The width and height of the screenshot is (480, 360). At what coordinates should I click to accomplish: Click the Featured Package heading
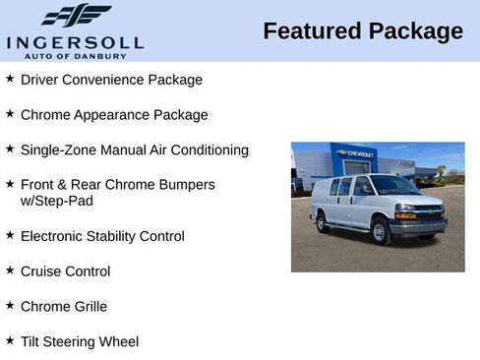tap(363, 31)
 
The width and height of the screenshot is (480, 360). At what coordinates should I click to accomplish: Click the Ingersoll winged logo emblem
tap(76, 15)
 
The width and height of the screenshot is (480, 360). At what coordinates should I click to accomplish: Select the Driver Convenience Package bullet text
tap(111, 80)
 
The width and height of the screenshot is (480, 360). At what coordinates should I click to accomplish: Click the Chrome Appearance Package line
tap(114, 115)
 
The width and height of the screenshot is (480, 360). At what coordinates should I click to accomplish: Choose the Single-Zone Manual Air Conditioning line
tap(135, 150)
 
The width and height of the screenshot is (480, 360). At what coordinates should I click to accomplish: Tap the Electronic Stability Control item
tap(102, 236)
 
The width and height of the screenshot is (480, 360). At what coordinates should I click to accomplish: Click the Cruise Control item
tap(65, 271)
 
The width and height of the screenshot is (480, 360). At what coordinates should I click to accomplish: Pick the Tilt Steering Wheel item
tap(80, 342)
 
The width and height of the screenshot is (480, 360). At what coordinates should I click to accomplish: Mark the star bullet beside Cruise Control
tap(10, 270)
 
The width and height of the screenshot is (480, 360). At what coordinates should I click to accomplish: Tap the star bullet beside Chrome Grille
tap(10, 306)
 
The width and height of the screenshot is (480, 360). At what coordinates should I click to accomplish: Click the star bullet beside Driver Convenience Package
tap(10, 79)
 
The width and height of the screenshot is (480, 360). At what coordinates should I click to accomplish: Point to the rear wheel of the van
tap(323, 222)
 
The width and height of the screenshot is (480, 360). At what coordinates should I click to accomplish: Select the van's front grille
tap(430, 211)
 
